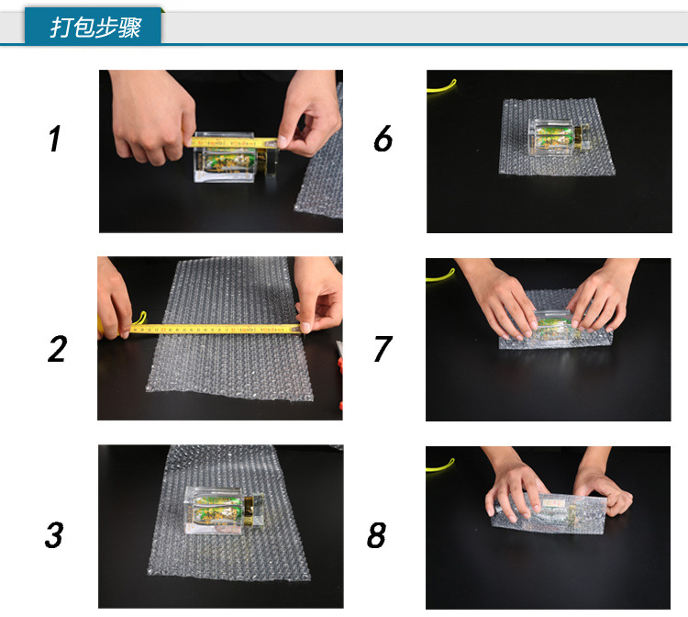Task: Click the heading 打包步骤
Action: click(x=95, y=28)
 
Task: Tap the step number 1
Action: click(x=55, y=139)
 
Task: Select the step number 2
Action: click(x=58, y=349)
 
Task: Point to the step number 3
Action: click(x=54, y=535)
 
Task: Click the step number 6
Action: click(x=383, y=139)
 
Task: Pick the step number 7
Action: click(x=383, y=349)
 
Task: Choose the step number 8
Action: click(x=376, y=535)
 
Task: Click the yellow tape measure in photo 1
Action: click(x=234, y=142)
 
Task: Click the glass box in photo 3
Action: click(x=223, y=510)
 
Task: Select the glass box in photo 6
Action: click(x=557, y=136)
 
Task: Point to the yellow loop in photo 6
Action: click(x=441, y=87)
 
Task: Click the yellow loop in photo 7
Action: click(x=440, y=275)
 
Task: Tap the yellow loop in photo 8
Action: click(x=440, y=466)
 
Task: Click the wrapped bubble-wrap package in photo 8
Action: click(x=549, y=513)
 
